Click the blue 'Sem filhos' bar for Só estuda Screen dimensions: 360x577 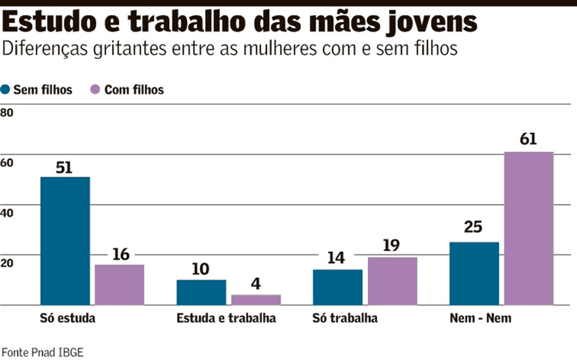pyautogui.click(x=65, y=240)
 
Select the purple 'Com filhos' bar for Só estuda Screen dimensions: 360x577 pyautogui.click(x=119, y=284)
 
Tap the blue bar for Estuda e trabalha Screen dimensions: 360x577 pyautogui.click(x=201, y=292)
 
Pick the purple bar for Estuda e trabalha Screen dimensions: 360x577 pyautogui.click(x=256, y=299)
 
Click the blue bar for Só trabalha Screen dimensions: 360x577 pyautogui.click(x=338, y=287)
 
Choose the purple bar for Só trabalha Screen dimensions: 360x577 pyautogui.click(x=392, y=281)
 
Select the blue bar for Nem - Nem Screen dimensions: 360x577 pyautogui.click(x=474, y=273)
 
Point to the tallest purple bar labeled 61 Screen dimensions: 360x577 pyautogui.click(x=529, y=228)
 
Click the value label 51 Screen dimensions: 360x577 pyautogui.click(x=64, y=167)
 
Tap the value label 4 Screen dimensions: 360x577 pyautogui.click(x=255, y=285)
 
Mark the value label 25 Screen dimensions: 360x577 pyautogui.click(x=473, y=228)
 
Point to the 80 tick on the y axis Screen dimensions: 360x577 pyautogui.click(x=7, y=113)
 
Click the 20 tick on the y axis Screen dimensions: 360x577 pyautogui.click(x=7, y=262)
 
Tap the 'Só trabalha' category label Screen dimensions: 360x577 pyautogui.click(x=345, y=319)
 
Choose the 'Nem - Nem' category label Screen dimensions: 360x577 pyautogui.click(x=481, y=319)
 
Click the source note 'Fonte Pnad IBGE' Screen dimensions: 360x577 pyautogui.click(x=42, y=352)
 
